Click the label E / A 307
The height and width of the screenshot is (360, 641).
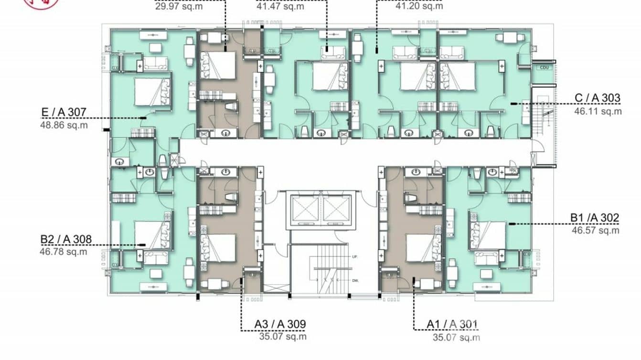63,113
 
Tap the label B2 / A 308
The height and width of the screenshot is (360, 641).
65,239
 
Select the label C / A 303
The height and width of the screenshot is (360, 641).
597,98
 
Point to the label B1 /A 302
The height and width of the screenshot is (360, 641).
595,218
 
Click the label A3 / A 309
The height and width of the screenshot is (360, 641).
280,325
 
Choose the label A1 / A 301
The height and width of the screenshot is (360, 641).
452,325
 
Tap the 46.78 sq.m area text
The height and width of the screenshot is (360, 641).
63,252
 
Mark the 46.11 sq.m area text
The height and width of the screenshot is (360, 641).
598,111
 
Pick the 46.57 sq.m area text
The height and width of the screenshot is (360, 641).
595,231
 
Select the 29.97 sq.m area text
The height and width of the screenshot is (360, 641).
179,6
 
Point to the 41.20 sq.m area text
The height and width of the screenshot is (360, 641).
419,6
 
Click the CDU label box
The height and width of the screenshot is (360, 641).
543,68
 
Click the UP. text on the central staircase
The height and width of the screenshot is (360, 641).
355,257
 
